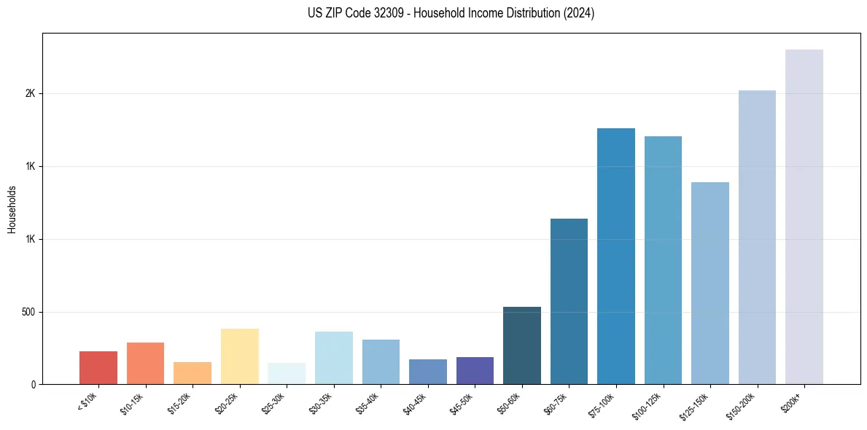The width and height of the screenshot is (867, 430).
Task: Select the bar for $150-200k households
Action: tap(757, 237)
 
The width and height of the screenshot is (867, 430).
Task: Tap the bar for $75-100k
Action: tap(615, 256)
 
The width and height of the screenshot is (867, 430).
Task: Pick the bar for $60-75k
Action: tap(569, 301)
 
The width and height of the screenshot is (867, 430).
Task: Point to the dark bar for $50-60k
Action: tap(521, 345)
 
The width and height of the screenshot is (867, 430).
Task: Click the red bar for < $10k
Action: tap(98, 367)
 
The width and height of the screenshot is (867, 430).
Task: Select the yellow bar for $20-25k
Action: tap(239, 356)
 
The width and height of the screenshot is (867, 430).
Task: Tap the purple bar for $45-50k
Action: tap(475, 370)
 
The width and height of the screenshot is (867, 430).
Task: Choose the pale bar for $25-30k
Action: tap(287, 373)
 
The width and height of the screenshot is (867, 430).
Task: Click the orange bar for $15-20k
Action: tap(193, 373)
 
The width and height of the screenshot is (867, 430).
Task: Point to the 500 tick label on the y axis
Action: tap(28, 312)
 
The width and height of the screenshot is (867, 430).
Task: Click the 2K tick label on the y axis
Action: tap(30, 94)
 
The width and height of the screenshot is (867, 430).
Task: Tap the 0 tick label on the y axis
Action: tap(33, 384)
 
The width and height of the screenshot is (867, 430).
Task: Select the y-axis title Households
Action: tap(12, 209)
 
